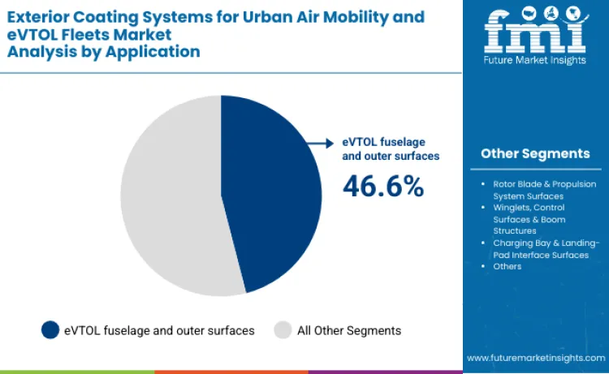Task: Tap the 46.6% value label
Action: pyautogui.click(x=383, y=186)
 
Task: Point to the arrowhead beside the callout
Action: pyautogui.click(x=329, y=143)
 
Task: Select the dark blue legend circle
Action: pyautogui.click(x=50, y=330)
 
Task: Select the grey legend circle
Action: pyautogui.click(x=283, y=330)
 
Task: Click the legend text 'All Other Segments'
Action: pyautogui.click(x=349, y=330)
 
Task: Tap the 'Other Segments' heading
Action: pyautogui.click(x=535, y=153)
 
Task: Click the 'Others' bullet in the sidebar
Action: pyautogui.click(x=508, y=266)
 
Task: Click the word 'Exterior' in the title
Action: pyautogui.click(x=41, y=15)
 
